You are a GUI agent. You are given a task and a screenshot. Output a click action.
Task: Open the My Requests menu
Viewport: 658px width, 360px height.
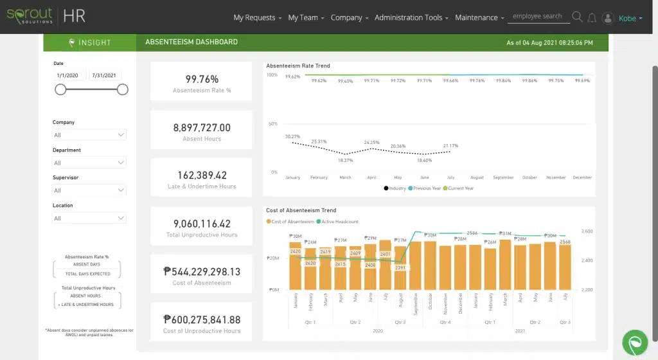click(x=257, y=18)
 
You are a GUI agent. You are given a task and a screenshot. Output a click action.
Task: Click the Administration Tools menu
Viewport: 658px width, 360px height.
click(x=412, y=18)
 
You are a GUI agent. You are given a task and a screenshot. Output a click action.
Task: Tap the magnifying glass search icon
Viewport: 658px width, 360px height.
click(x=577, y=17)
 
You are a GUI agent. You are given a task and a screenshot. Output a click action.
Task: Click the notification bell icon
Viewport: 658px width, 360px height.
click(x=592, y=18)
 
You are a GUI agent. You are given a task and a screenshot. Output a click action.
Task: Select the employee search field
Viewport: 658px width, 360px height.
click(x=538, y=17)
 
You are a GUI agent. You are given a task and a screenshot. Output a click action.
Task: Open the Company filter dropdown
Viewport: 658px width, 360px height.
click(x=89, y=135)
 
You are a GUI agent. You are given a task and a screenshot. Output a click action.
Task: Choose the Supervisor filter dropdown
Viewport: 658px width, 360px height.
click(x=89, y=190)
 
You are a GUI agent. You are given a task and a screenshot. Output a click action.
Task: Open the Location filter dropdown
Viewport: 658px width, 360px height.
click(x=89, y=219)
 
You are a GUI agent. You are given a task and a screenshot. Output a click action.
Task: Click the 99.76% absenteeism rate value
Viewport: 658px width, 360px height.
click(x=202, y=79)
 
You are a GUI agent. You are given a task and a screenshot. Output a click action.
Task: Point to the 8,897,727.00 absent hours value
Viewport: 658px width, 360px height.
click(x=202, y=128)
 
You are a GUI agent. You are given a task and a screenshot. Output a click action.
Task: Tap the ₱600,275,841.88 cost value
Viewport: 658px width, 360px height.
click(x=202, y=319)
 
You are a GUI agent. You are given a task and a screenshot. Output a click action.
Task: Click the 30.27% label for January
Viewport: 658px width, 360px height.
click(x=292, y=136)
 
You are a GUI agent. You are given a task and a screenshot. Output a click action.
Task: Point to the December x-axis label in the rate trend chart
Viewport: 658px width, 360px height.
click(x=582, y=177)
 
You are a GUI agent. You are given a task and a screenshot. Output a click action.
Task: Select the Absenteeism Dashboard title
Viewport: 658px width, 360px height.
click(x=191, y=42)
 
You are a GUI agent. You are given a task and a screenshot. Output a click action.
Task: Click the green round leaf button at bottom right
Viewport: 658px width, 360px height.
click(x=636, y=343)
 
